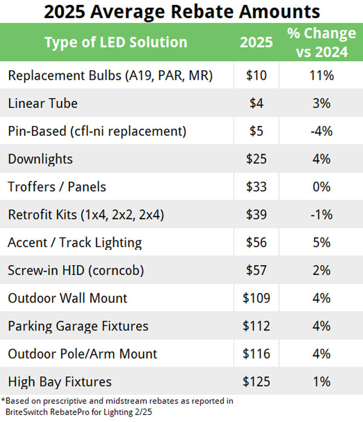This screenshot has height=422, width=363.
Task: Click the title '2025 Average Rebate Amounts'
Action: pyautogui.click(x=181, y=11)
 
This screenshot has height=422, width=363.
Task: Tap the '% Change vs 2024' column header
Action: pyautogui.click(x=322, y=42)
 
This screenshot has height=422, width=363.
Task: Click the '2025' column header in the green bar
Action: pyautogui.click(x=257, y=42)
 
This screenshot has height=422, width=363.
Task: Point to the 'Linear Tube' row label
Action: pyautogui.click(x=43, y=104)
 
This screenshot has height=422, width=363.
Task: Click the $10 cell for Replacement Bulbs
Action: pyautogui.click(x=257, y=76)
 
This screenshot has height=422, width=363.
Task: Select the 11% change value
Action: pyautogui.click(x=322, y=76)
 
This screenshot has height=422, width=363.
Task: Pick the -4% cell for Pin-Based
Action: pyautogui.click(x=322, y=131)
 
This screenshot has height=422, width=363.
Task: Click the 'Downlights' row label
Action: pyautogui.click(x=41, y=159)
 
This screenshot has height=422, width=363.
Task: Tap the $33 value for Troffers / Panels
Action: pyautogui.click(x=257, y=187)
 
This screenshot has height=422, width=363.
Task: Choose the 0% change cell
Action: pyautogui.click(x=322, y=187)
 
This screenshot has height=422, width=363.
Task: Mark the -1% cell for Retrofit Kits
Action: pyautogui.click(x=322, y=215)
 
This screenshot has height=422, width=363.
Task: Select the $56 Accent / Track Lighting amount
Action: pyautogui.click(x=257, y=243)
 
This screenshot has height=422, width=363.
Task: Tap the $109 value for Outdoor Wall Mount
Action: pyautogui.click(x=257, y=298)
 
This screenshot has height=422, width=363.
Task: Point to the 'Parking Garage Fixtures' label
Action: pyautogui.click(x=78, y=326)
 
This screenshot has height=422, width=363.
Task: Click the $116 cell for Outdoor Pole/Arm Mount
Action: pyautogui.click(x=257, y=354)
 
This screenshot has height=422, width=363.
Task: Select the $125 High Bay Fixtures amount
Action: pyautogui.click(x=257, y=382)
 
